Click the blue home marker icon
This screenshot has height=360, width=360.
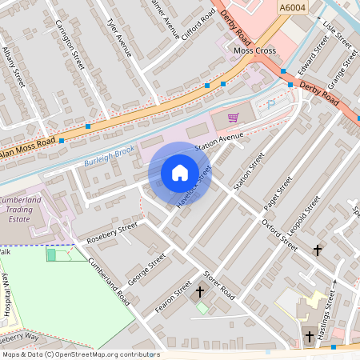180,172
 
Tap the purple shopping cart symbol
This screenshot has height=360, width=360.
233,118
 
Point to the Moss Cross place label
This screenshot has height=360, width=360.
254,50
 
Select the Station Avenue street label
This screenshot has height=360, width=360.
218,142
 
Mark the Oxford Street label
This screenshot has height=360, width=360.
280,235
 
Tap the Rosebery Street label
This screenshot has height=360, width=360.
112,233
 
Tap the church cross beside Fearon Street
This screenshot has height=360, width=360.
200,292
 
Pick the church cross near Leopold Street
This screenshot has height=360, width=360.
318,250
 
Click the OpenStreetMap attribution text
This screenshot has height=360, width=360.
80,354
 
